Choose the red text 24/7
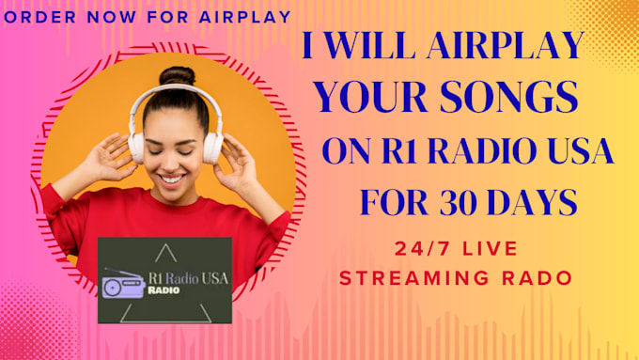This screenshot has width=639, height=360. point(421,250)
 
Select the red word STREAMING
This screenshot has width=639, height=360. point(410,278)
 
